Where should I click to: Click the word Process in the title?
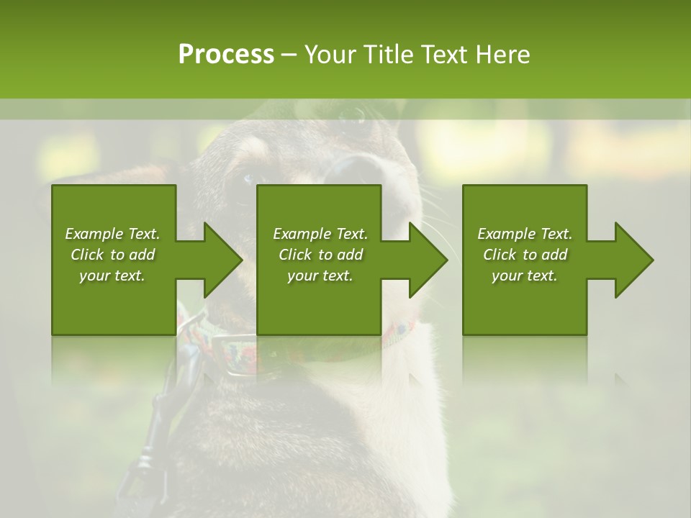pos(226,55)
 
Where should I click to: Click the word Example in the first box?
pos(94,234)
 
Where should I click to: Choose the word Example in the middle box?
pos(302,234)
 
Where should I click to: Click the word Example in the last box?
pos(506,234)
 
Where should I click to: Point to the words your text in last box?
pos(525,276)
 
